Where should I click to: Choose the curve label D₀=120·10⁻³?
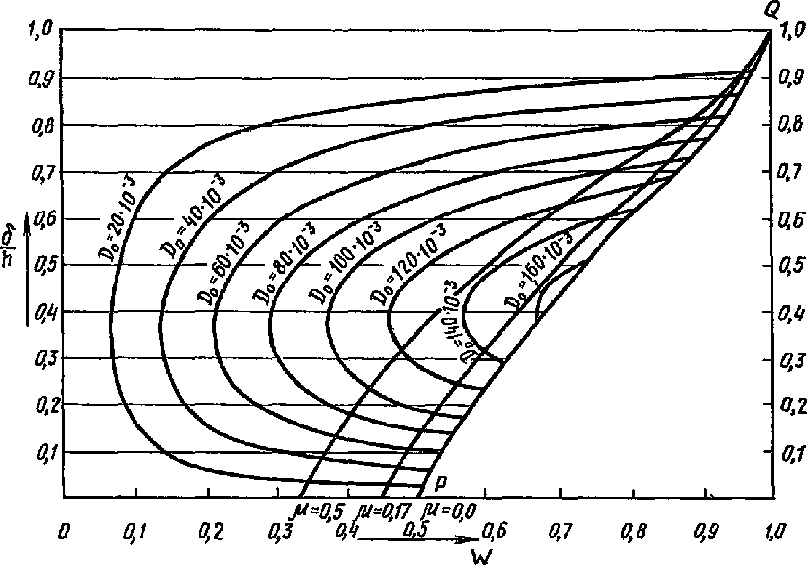pos(407,263)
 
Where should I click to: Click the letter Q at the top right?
pos(770,11)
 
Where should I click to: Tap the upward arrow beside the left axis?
pos(28,268)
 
